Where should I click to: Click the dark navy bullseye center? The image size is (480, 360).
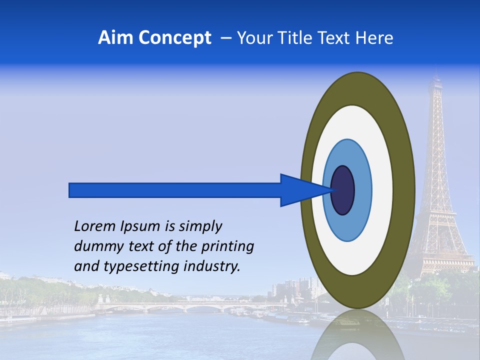pos(343,190)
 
